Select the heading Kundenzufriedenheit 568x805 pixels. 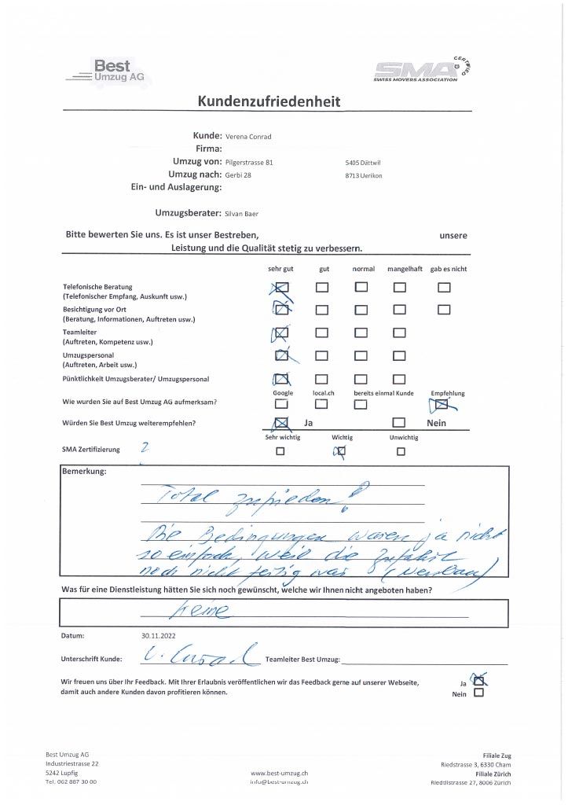[x=269, y=101]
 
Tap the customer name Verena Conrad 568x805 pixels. [x=248, y=137]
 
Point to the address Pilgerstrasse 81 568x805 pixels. [x=248, y=162]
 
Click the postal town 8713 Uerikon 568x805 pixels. [x=363, y=175]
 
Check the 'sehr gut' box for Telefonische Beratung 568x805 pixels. [x=283, y=288]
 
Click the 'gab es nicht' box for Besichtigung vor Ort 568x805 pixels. [x=444, y=310]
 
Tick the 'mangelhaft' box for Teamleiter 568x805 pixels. [x=399, y=333]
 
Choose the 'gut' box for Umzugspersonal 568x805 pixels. [x=321, y=356]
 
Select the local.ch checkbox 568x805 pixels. [x=321, y=405]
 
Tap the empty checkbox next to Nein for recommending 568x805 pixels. [x=399, y=424]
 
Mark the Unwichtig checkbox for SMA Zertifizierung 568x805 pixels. [x=401, y=452]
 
